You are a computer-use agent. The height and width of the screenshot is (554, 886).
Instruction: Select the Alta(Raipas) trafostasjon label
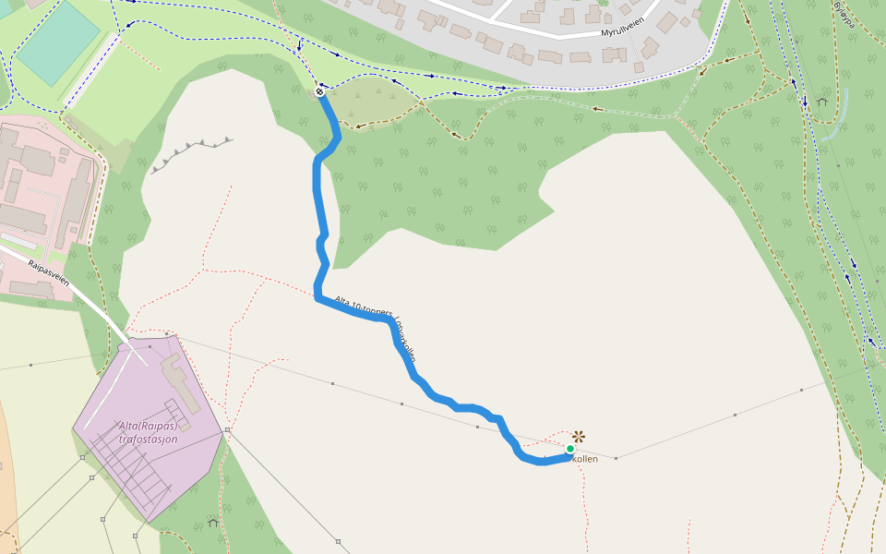(x=148, y=432)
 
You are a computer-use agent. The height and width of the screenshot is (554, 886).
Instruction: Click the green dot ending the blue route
(x=570, y=449)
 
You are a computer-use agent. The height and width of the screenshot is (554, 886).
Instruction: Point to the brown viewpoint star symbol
(x=579, y=436)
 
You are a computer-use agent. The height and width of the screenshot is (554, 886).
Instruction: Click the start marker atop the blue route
(x=319, y=91)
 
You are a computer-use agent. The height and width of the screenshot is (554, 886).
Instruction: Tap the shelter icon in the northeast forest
(x=821, y=101)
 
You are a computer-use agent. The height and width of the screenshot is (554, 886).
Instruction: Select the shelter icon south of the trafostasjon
(x=213, y=523)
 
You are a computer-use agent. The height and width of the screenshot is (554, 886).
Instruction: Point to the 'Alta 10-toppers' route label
(x=364, y=307)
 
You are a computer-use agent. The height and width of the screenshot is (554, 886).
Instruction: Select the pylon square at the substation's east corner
(x=227, y=429)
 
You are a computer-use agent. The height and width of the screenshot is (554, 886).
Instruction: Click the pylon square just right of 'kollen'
(x=617, y=457)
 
